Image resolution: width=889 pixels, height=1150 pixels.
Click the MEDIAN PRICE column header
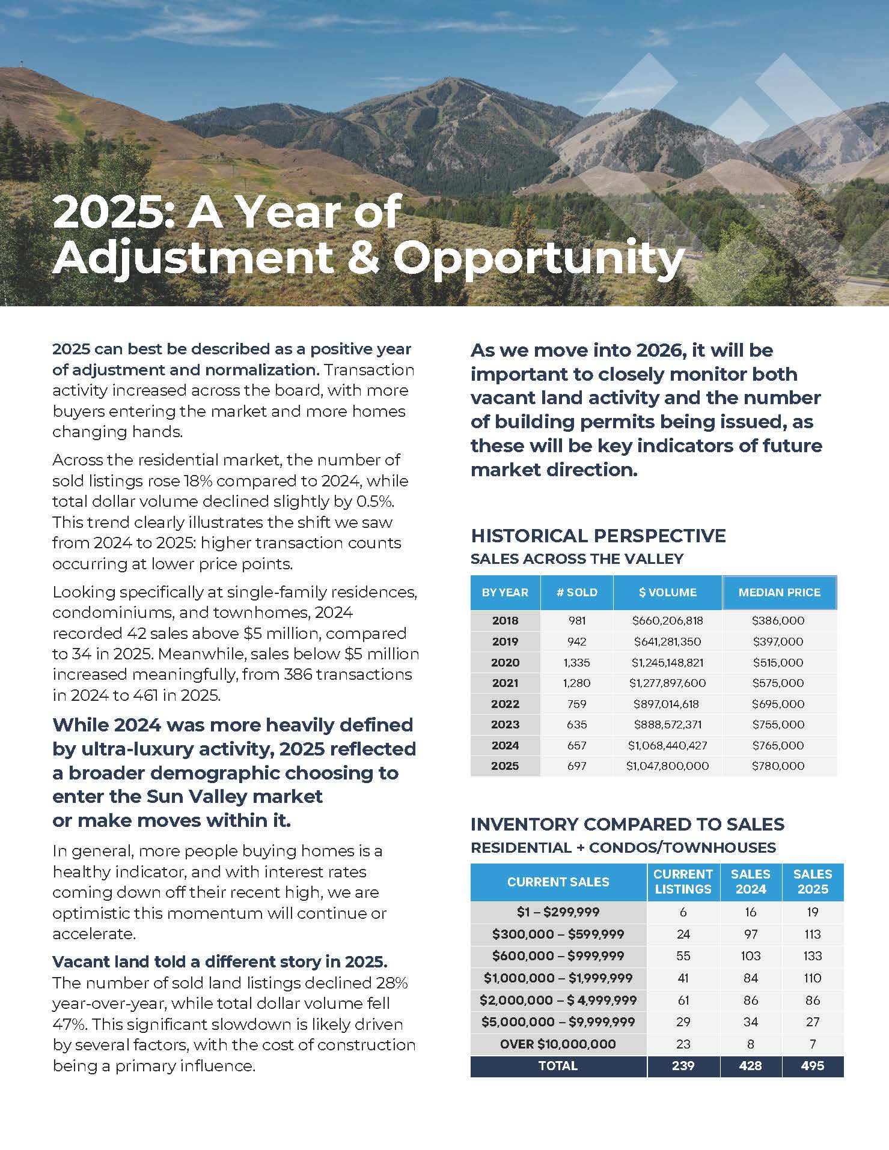pos(779,593)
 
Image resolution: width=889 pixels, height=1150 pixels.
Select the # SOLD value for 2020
pos(576,662)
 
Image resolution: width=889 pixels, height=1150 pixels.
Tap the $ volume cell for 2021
pos(667,683)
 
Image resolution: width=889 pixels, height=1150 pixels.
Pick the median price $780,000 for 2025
pos(778,766)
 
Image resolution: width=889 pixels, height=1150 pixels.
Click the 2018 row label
pos(505,621)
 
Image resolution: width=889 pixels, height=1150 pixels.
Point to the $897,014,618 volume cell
pos(667,704)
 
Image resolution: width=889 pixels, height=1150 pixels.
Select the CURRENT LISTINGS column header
pos(683,882)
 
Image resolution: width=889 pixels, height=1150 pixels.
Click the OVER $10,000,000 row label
pos(558,1044)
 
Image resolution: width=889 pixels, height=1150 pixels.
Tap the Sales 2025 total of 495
pos(812,1066)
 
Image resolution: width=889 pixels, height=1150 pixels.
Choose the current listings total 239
pos(683,1066)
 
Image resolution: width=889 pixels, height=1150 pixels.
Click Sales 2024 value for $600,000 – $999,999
pos(750,956)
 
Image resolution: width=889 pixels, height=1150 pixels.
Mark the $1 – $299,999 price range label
pos(558,912)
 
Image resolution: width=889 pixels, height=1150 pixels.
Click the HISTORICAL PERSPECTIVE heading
pos(598,536)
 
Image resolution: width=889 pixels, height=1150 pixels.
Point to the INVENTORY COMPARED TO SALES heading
pos(627,825)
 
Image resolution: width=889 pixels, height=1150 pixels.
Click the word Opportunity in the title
pos(539,258)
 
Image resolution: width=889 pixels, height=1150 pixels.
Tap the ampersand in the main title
pos(362,258)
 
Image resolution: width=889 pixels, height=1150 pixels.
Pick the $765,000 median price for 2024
pos(778,746)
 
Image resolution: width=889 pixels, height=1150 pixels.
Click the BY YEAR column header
pos(505,593)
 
